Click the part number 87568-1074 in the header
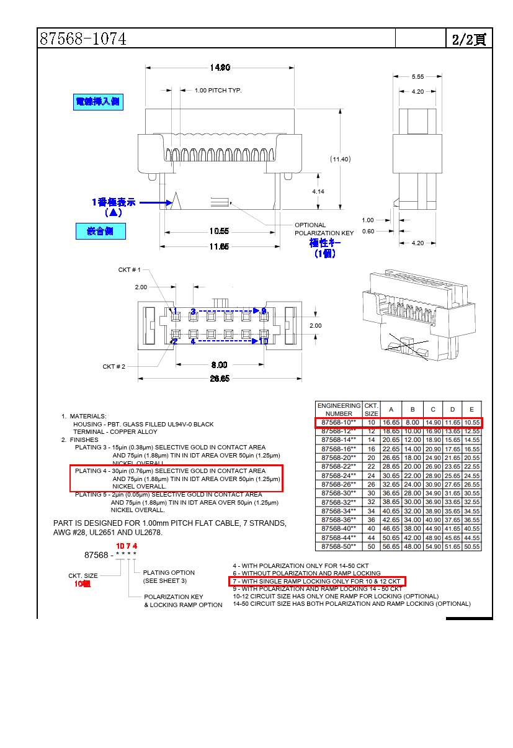click(x=83, y=38)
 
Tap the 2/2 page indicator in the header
click(x=468, y=39)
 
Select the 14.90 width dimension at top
click(x=220, y=68)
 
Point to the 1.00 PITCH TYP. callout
click(x=218, y=91)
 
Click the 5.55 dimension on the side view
click(x=417, y=77)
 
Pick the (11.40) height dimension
click(x=340, y=159)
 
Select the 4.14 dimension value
click(x=318, y=191)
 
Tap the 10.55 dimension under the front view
click(x=219, y=232)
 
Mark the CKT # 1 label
click(x=130, y=270)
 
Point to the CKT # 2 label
click(x=114, y=366)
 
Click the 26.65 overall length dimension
click(x=219, y=379)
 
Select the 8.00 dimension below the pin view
click(x=219, y=365)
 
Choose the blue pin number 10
click(x=263, y=341)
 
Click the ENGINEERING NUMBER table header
click(x=339, y=410)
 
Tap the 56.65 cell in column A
click(x=391, y=547)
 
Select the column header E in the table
click(x=472, y=410)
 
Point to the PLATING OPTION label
click(x=169, y=573)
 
